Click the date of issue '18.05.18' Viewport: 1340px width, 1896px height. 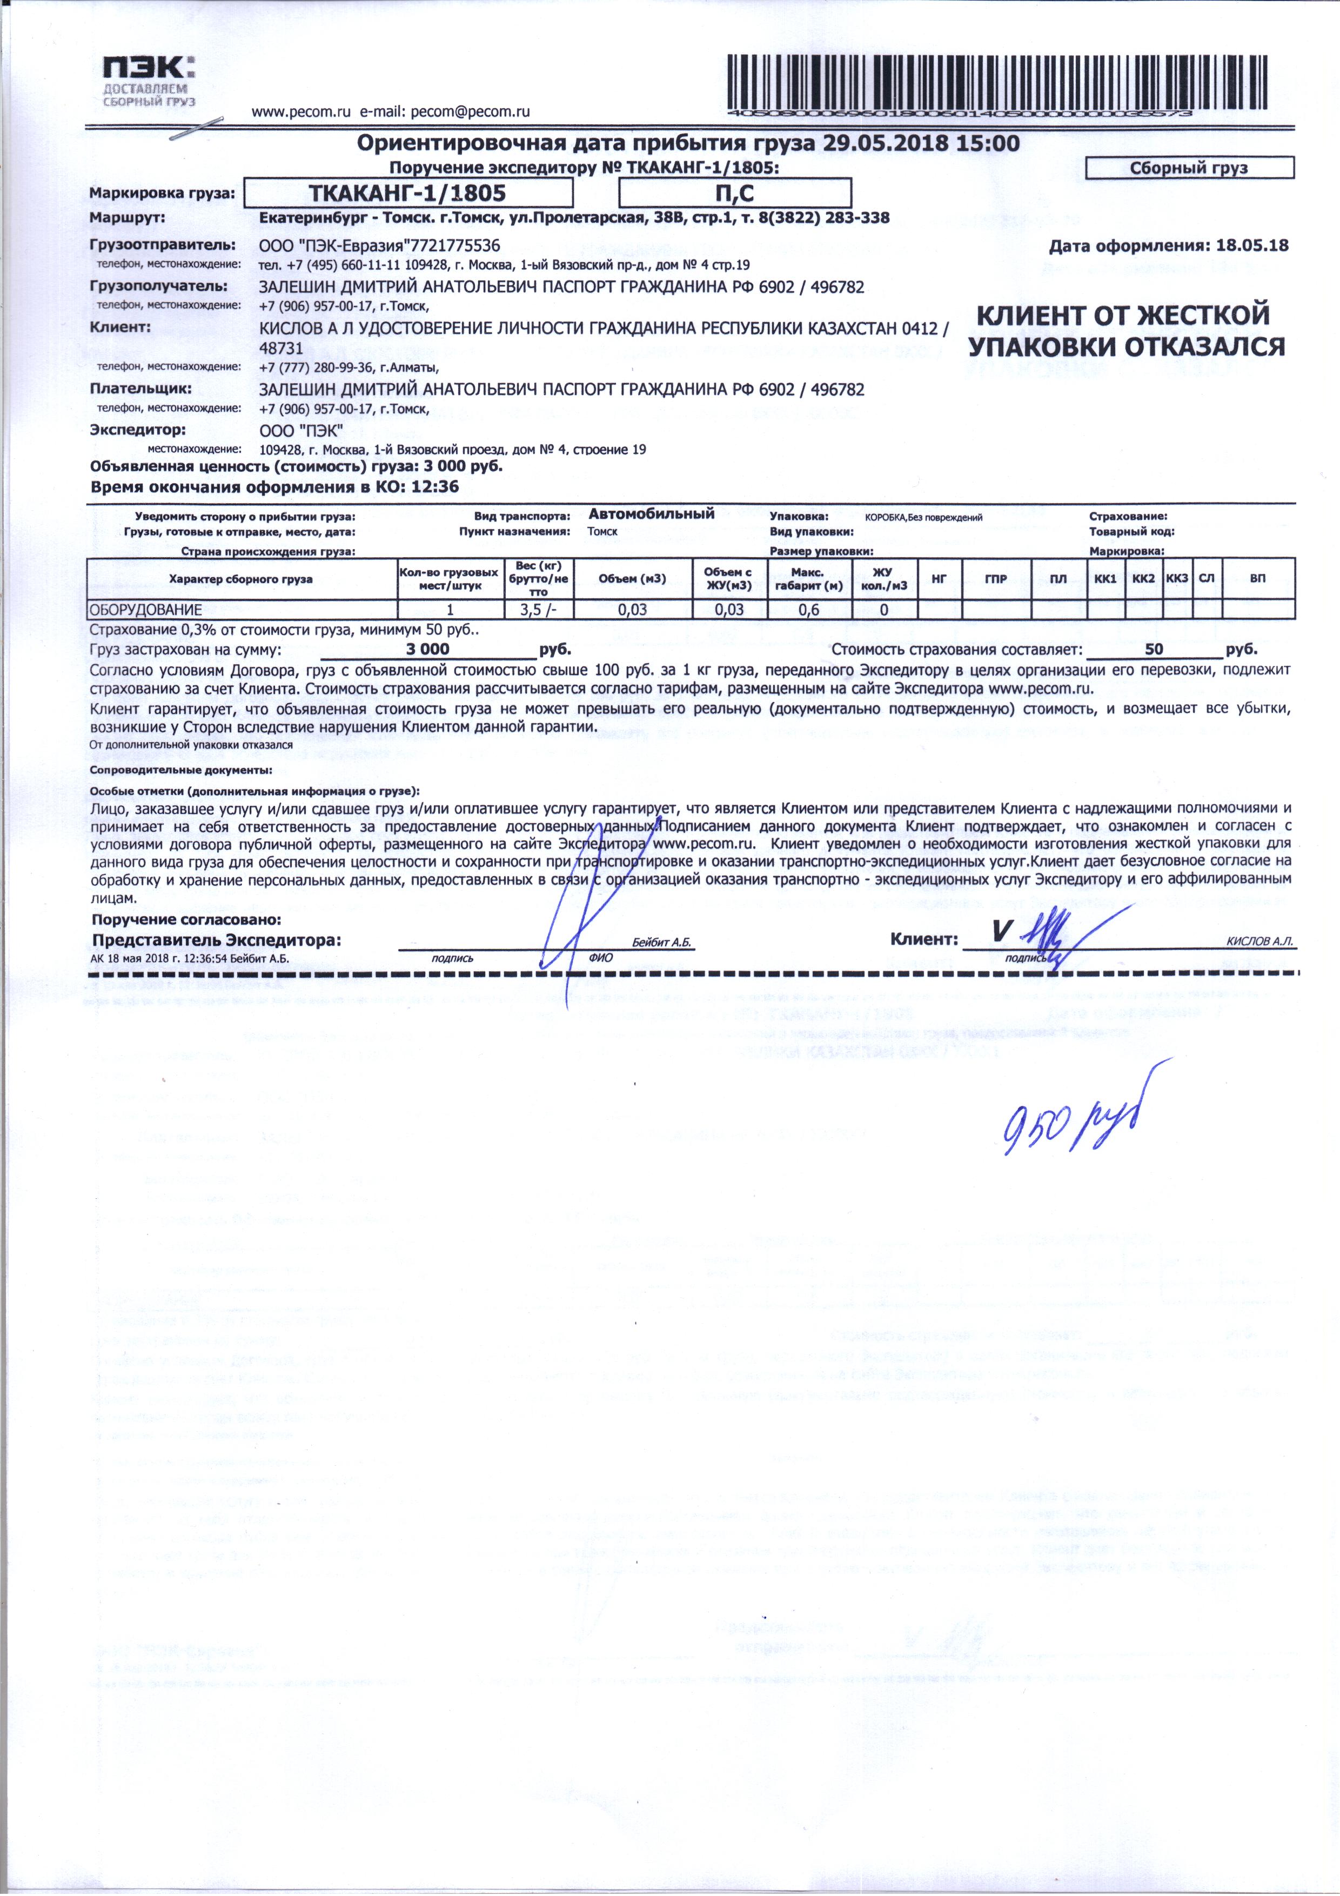click(1248, 245)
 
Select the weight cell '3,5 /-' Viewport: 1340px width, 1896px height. click(538, 610)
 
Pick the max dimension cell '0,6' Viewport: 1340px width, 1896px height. click(809, 610)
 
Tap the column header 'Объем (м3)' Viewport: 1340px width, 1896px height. click(632, 579)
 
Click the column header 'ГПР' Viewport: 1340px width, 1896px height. click(996, 579)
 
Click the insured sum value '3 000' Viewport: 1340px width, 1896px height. click(428, 649)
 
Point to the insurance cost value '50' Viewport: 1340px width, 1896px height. click(1154, 649)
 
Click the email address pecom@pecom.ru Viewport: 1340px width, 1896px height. click(470, 111)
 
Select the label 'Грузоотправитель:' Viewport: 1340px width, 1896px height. click(163, 245)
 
